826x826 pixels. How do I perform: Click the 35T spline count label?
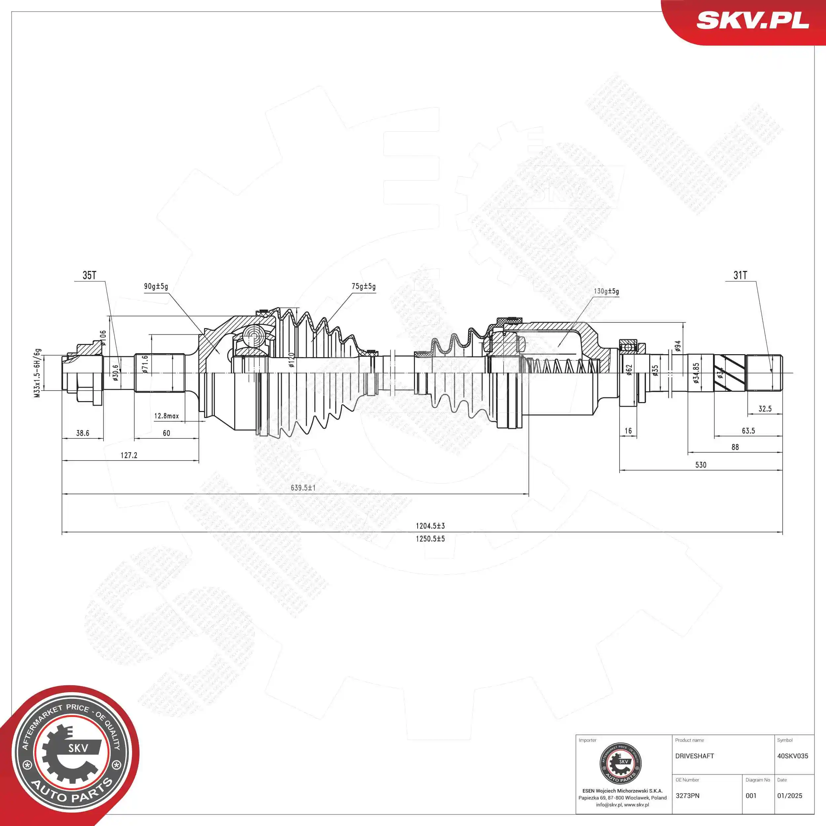click(x=89, y=275)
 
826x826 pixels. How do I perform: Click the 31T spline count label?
click(x=740, y=275)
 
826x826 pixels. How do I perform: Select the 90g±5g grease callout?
click(x=156, y=286)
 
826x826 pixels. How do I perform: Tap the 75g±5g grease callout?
click(x=363, y=286)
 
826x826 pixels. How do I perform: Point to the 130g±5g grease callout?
click(x=606, y=291)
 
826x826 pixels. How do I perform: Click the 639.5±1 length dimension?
click(x=303, y=487)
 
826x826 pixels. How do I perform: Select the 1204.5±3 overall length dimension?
click(x=430, y=526)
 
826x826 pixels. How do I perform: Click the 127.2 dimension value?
click(x=129, y=455)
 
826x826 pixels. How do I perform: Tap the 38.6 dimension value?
click(x=83, y=433)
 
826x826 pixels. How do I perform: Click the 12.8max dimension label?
click(x=166, y=416)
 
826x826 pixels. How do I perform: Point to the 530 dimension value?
click(x=701, y=465)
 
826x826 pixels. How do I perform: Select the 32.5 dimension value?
click(x=765, y=409)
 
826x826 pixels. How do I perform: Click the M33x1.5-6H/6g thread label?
click(x=38, y=373)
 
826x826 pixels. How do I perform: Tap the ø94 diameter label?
click(x=678, y=346)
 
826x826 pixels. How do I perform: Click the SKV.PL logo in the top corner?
click(x=752, y=20)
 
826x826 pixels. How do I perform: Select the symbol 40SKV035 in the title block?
click(x=792, y=756)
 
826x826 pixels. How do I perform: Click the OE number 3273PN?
click(x=688, y=796)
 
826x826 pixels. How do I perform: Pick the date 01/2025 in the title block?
click(x=789, y=796)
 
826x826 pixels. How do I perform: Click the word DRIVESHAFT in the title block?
click(x=694, y=756)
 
